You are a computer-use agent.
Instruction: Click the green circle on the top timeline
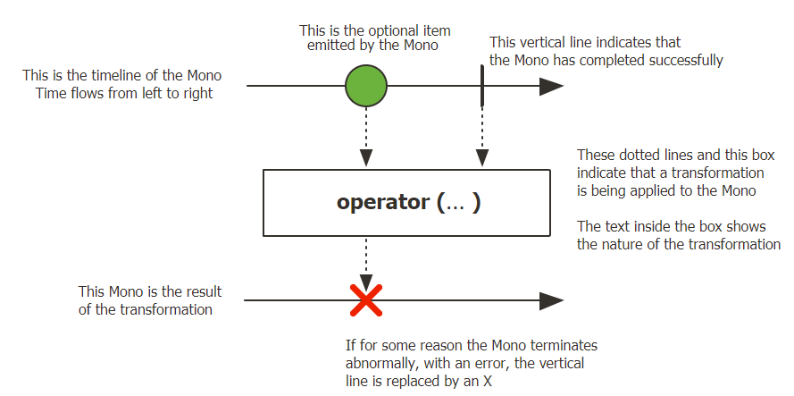(366, 87)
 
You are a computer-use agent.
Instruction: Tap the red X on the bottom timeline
(366, 300)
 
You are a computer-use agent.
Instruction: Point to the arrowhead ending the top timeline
(551, 87)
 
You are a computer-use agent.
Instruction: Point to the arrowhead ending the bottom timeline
(551, 300)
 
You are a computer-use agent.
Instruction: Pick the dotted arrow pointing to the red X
(366, 259)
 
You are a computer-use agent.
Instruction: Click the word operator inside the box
(382, 202)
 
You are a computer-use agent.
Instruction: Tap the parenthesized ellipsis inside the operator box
(459, 202)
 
